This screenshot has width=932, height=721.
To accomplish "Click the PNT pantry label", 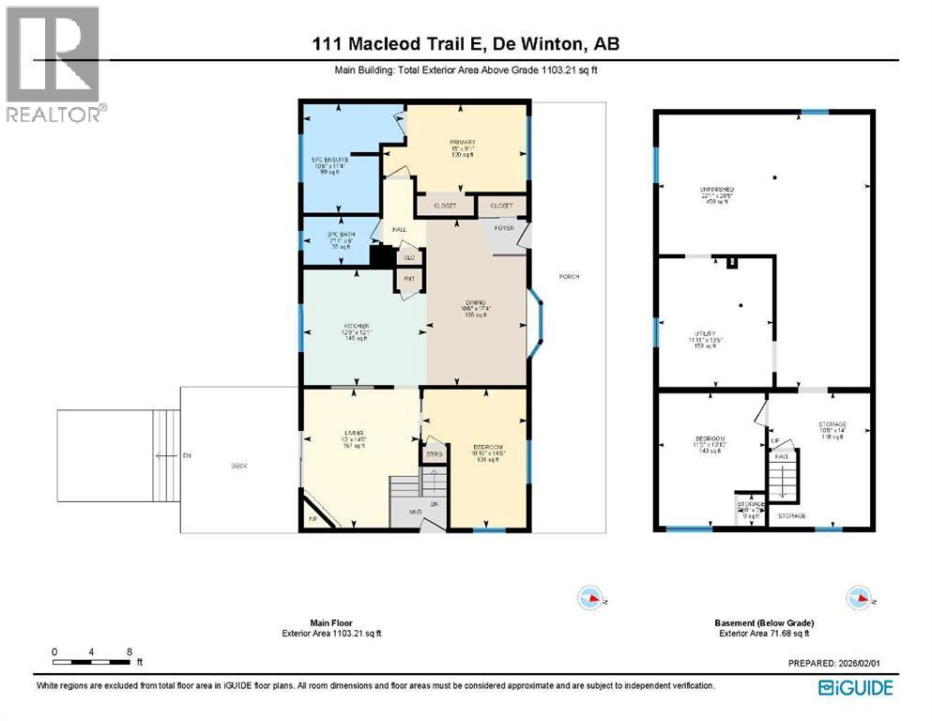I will [x=409, y=279].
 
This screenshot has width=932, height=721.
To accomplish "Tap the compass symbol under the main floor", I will [x=590, y=597].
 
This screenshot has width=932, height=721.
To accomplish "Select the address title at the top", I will [x=466, y=43].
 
